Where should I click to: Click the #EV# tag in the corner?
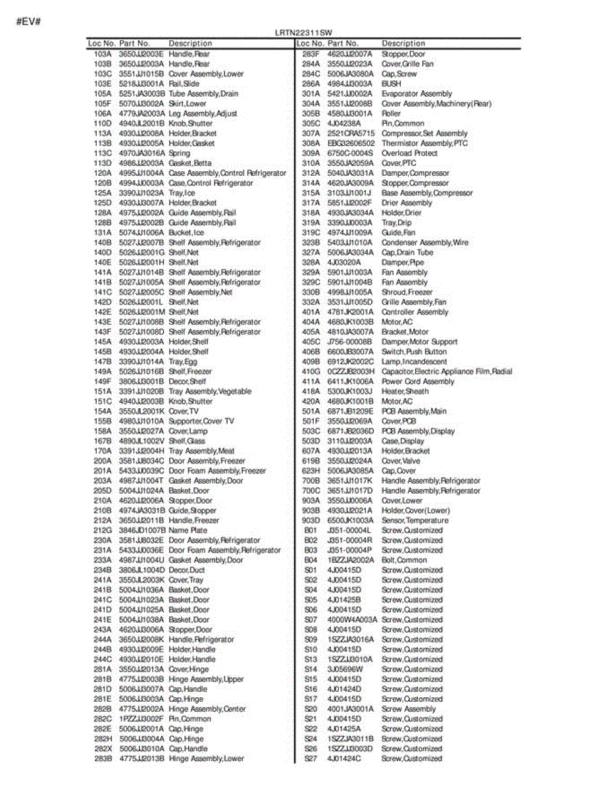point(29,21)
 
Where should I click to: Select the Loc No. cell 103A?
point(103,54)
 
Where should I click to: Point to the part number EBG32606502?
point(351,143)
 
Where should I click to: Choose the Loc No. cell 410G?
point(311,371)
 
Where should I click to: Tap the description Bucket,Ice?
point(186,232)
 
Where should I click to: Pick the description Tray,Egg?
point(183,361)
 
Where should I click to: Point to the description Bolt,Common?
point(404,560)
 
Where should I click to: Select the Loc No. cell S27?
point(311,758)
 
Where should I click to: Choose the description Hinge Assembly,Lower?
point(206,758)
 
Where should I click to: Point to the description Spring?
point(179,153)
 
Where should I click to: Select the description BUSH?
point(391,84)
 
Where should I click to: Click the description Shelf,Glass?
point(187,441)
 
